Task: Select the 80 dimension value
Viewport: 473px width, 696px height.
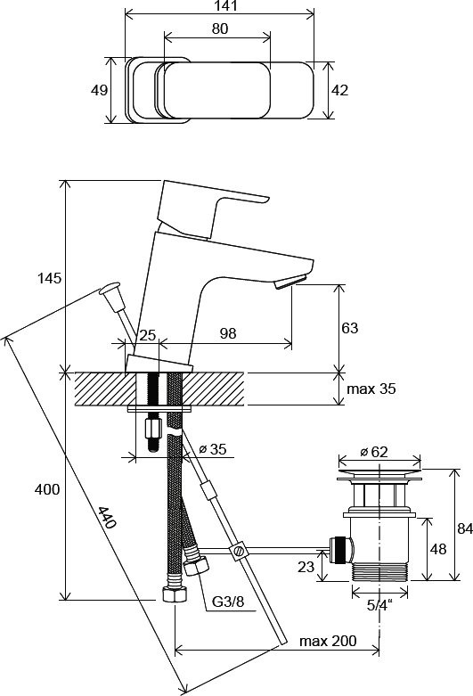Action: point(220,29)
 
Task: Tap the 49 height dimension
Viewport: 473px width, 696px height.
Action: point(99,90)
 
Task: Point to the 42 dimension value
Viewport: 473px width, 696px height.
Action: point(340,90)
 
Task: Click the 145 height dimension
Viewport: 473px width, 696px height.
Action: point(49,279)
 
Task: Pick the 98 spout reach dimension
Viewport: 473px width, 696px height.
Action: point(228,333)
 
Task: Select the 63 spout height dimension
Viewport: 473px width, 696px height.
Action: point(350,328)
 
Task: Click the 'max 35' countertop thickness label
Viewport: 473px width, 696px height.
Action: point(371,389)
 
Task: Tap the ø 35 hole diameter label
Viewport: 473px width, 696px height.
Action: point(213,449)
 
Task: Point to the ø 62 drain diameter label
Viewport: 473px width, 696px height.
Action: point(374,452)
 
